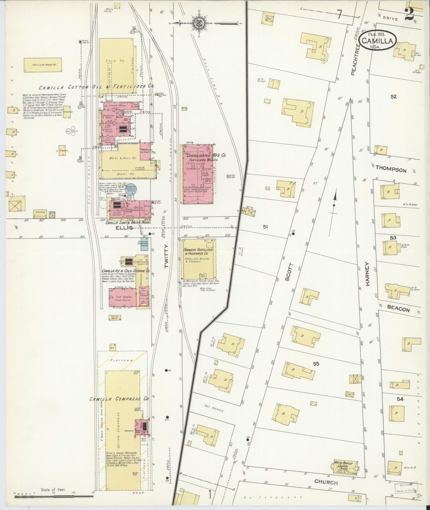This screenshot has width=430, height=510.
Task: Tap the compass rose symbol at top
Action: tap(197, 23)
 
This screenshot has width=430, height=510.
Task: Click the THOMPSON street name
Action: tap(391, 170)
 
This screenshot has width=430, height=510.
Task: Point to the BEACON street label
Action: tap(398, 309)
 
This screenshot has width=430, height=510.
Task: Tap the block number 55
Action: tap(316, 363)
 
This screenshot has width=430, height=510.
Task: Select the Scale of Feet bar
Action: tap(54, 496)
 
